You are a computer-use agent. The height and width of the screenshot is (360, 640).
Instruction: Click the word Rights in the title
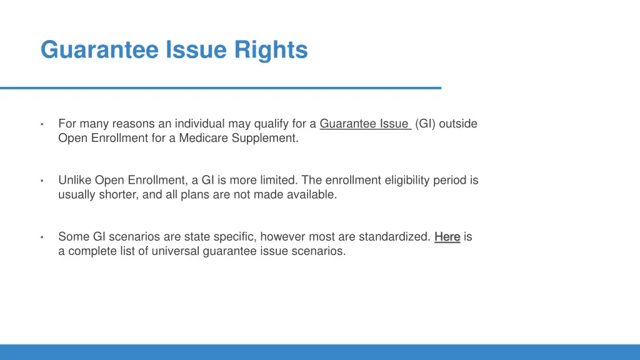[271, 49]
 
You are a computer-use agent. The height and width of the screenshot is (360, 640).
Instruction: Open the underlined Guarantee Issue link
[364, 124]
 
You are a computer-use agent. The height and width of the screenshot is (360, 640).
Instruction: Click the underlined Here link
[447, 237]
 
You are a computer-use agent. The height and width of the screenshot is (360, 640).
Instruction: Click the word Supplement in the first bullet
[265, 138]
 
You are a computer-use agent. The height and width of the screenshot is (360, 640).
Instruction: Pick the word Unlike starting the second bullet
[75, 180]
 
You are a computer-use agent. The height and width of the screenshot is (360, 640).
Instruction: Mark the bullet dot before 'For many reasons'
[41, 124]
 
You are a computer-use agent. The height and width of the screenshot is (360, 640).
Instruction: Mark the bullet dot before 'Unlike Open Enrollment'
[41, 181]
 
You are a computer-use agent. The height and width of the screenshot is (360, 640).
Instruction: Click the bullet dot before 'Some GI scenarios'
[41, 237]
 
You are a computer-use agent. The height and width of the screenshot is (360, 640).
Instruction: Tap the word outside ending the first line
[458, 124]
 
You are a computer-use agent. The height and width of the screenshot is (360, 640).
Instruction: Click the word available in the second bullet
[312, 194]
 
